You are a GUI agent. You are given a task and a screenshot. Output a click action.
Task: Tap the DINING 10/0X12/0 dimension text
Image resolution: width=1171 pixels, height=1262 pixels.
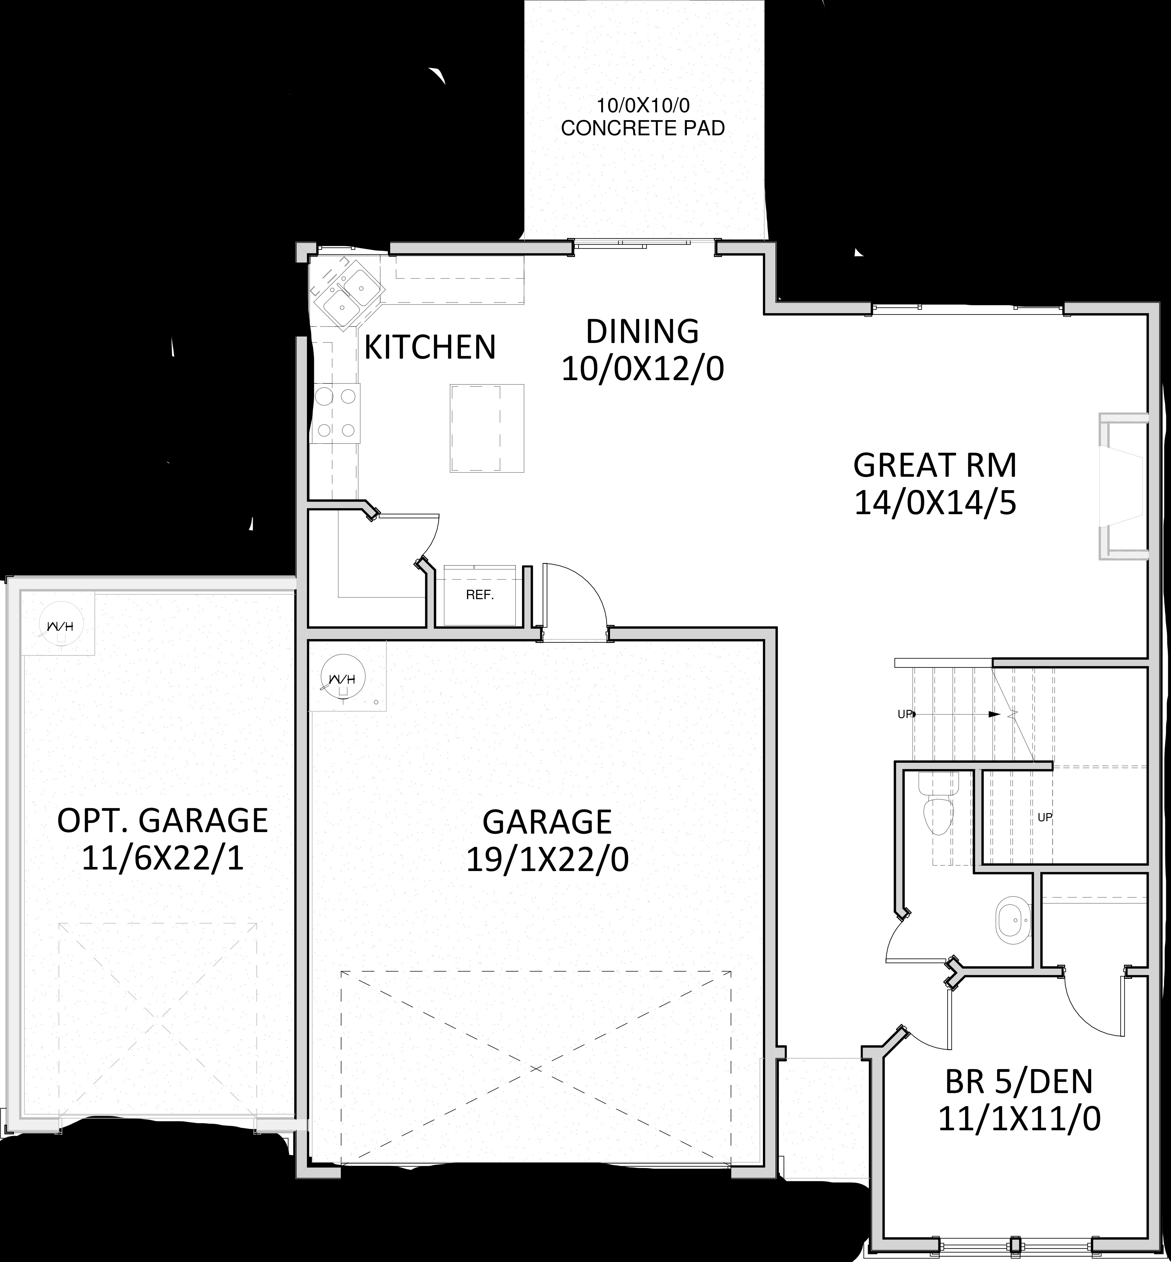coord(643,368)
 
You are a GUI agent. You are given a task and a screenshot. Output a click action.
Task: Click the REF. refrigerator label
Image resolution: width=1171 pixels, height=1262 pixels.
coord(480,595)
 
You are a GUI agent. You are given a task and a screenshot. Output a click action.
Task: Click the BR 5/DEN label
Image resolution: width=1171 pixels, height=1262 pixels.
coord(1019,1082)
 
